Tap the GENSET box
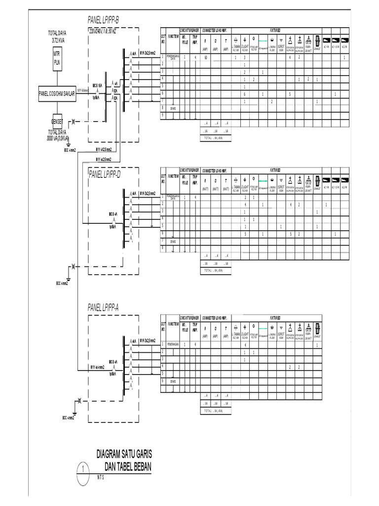point(57,122)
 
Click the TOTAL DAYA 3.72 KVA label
point(57,36)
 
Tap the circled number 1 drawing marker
point(84,468)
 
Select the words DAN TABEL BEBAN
point(128,467)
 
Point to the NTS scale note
point(101,478)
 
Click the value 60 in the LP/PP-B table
point(205,57)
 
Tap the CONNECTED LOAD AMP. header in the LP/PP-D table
point(215,169)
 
